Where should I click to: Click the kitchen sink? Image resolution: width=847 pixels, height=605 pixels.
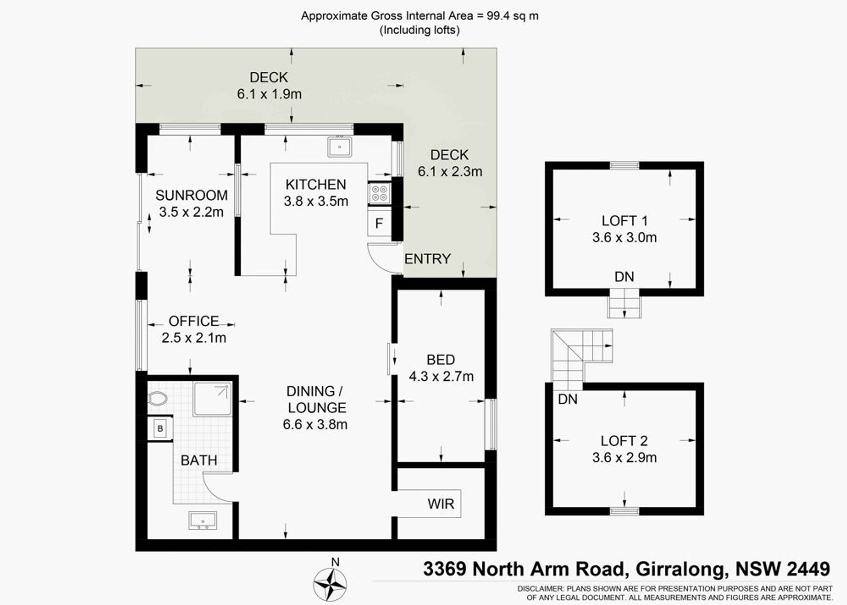point(339,146)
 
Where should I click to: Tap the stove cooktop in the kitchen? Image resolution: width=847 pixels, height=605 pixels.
point(379,193)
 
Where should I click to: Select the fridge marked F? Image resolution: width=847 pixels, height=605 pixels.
point(379,223)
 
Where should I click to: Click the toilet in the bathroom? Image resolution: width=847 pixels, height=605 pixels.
point(157,399)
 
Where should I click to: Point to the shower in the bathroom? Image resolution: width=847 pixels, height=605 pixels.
point(212,399)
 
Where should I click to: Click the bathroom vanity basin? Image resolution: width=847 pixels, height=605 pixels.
point(202,520)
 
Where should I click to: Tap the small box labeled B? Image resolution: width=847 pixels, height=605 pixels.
point(160,428)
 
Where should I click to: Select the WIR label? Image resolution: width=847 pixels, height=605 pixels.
point(441,504)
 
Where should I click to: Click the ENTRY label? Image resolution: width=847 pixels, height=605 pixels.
point(427,259)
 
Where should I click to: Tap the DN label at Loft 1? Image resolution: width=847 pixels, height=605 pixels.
point(624,277)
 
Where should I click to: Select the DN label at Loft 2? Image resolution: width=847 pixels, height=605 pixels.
point(568,399)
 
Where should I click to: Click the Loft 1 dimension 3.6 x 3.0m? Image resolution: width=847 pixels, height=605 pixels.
point(624,238)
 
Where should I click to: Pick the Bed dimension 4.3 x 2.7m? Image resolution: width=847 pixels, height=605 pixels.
point(441,376)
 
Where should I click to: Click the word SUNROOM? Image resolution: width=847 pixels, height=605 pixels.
point(191,195)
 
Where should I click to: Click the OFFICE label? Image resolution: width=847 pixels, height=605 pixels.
point(194,321)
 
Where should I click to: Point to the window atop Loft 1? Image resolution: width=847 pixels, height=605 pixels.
point(624,166)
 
